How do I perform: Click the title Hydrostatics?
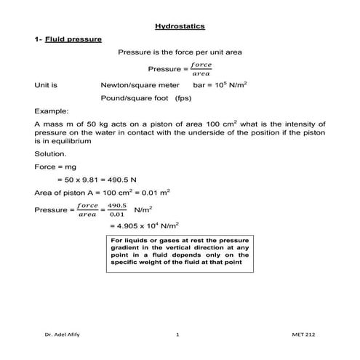[x=180, y=26]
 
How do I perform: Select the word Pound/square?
[x=123, y=97]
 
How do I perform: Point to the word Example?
[x=50, y=112]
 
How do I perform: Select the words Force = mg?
[x=55, y=167]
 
